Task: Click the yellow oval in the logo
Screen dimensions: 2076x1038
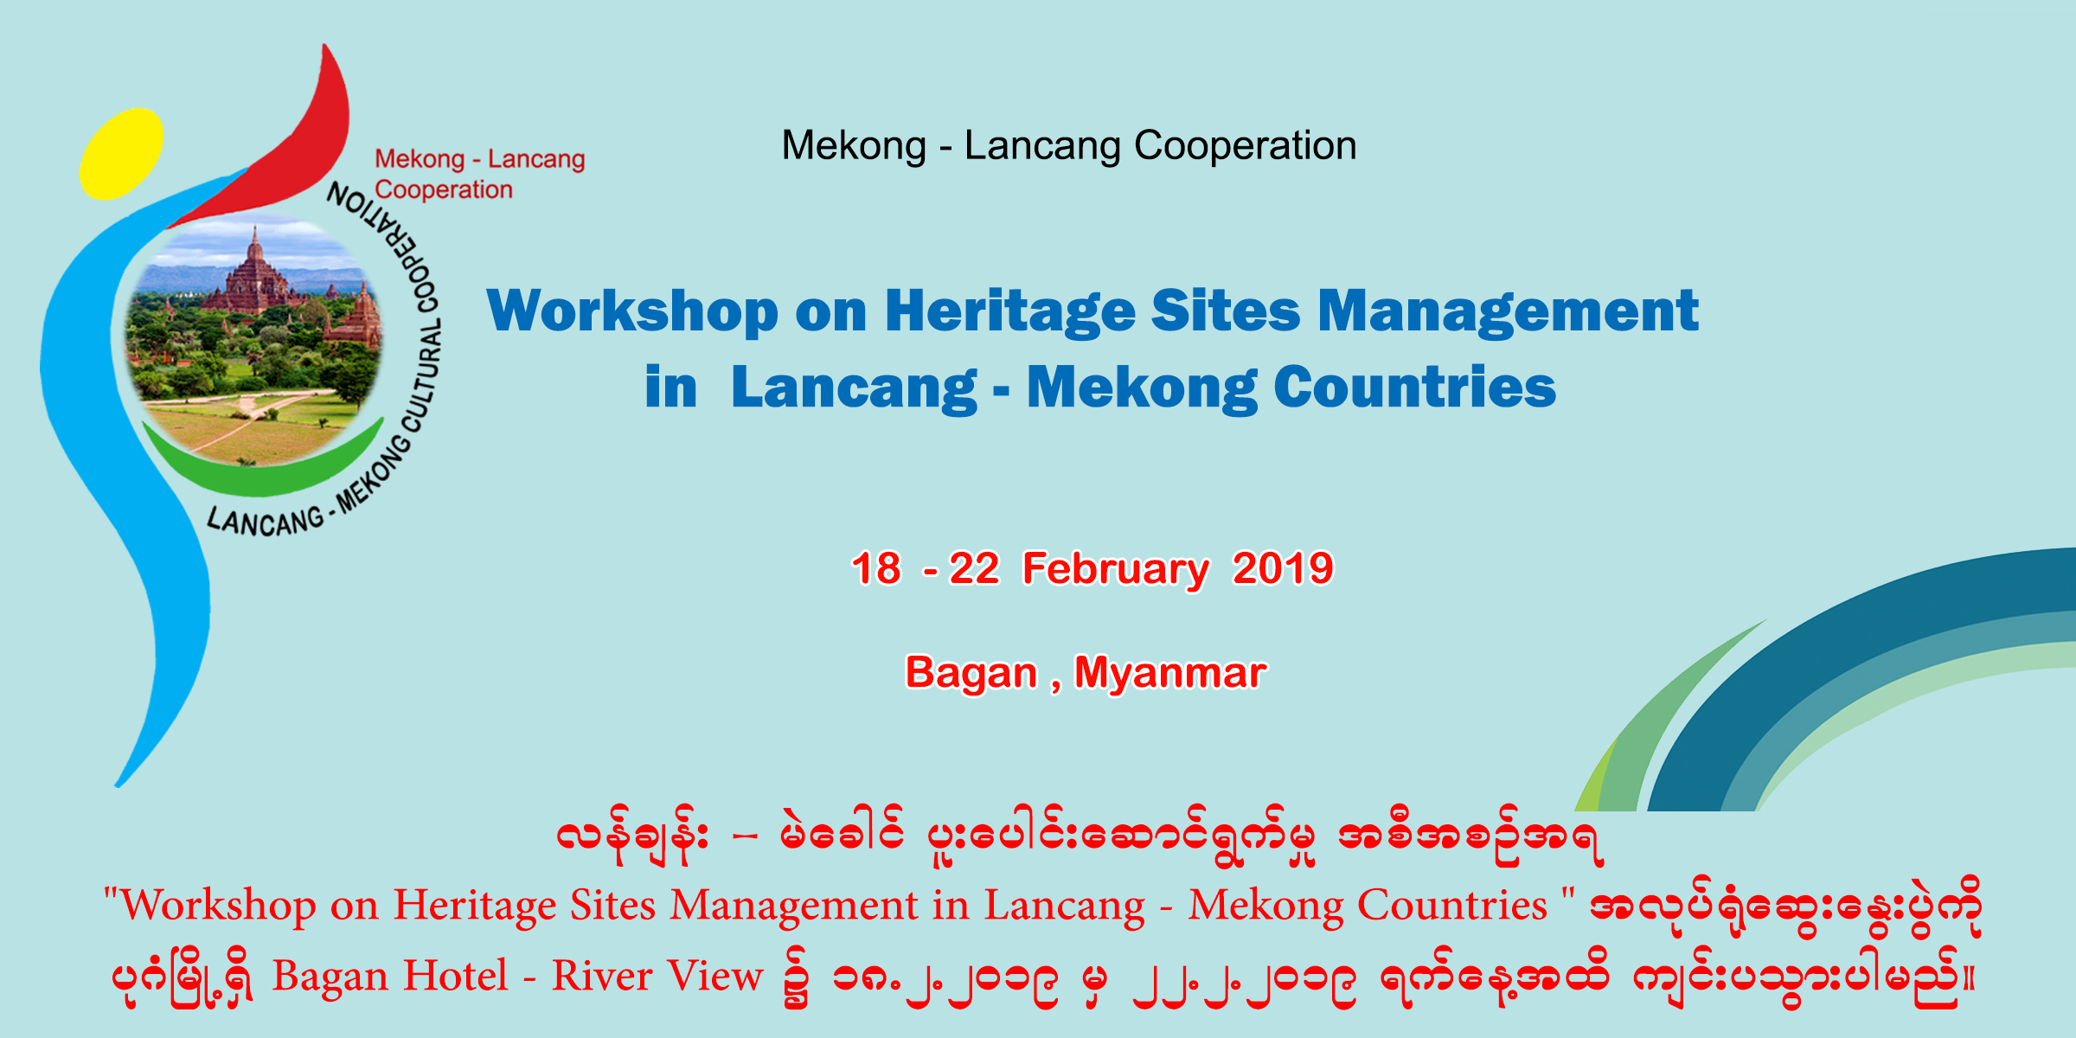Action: (x=121, y=154)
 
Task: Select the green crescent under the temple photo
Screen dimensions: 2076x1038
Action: (x=259, y=467)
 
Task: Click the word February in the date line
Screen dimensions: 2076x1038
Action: (x=1116, y=570)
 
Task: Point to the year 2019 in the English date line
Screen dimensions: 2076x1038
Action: (x=1283, y=568)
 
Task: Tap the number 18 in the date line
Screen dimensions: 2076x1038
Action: (x=875, y=568)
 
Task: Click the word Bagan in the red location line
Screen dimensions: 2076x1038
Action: (x=971, y=674)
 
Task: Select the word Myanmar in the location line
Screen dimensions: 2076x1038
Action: (x=1170, y=673)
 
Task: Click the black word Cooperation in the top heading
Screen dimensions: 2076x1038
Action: (x=1246, y=145)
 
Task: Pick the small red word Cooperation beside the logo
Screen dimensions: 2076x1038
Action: (x=444, y=189)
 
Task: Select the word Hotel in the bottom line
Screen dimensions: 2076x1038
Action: (x=456, y=976)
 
